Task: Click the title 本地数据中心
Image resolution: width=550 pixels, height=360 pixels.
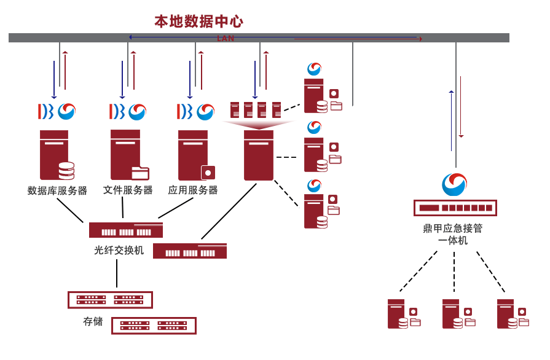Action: (198, 22)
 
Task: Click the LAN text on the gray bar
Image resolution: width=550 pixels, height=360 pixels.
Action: (226, 38)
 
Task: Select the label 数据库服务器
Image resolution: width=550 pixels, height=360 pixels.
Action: (57, 190)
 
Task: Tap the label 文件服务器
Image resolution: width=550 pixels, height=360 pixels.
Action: (128, 190)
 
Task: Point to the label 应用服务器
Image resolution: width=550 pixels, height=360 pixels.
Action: (193, 190)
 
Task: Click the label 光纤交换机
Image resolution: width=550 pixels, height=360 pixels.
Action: (119, 250)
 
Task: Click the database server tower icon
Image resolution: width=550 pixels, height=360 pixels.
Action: (55, 155)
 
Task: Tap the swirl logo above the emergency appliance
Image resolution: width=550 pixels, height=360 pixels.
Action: (455, 184)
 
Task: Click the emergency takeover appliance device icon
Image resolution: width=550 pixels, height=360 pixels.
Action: (455, 208)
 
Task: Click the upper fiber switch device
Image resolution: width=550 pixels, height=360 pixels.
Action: (126, 230)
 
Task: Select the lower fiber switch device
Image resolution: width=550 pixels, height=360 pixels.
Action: (190, 251)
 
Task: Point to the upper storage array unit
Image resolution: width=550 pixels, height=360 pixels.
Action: (110, 299)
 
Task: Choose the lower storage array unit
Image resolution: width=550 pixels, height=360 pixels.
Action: (154, 326)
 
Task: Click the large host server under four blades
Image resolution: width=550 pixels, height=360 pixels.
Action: (258, 155)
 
